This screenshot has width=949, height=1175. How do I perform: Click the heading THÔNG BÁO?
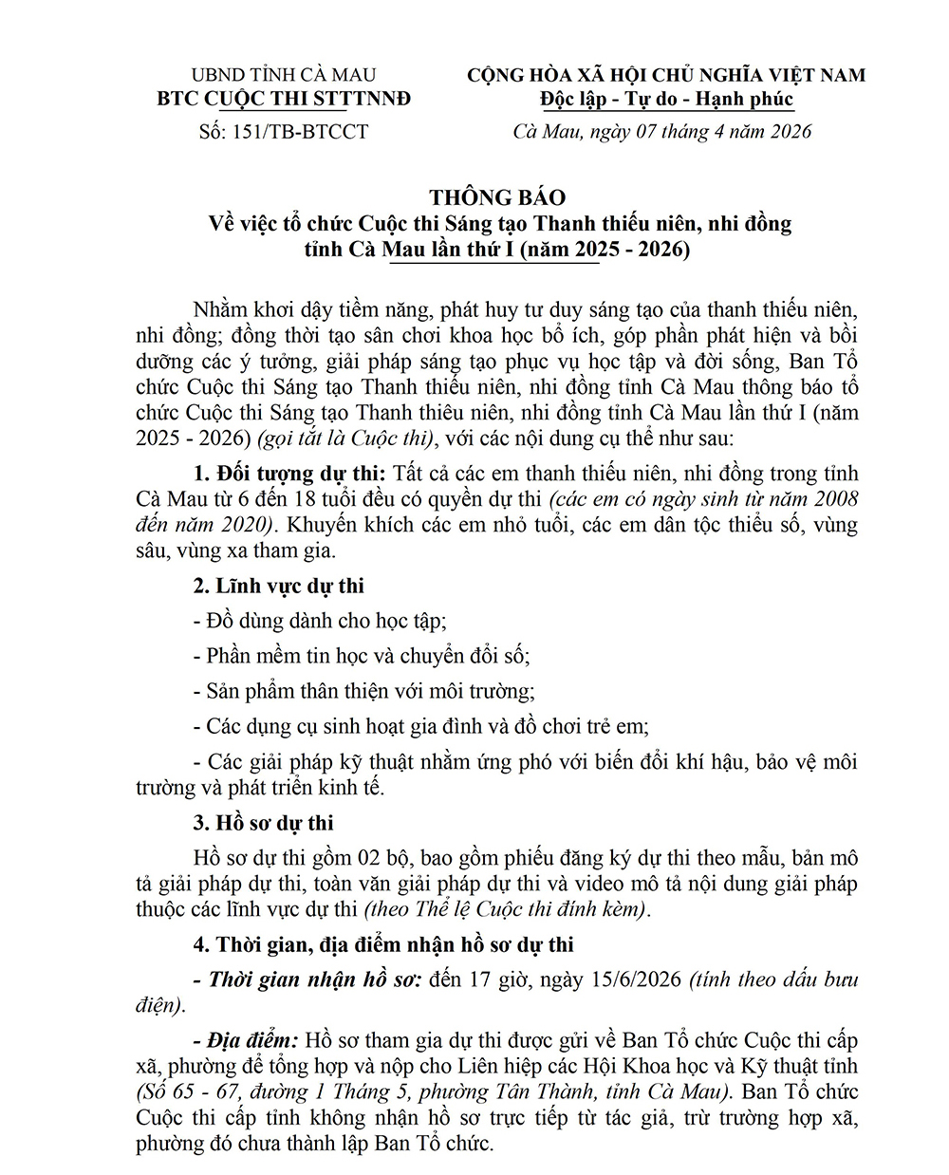click(x=496, y=197)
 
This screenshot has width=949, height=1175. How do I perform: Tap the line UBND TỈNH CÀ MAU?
click(x=283, y=75)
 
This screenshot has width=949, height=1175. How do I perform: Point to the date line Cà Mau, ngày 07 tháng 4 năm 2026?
click(x=662, y=131)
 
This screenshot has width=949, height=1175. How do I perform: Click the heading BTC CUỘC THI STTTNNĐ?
click(x=283, y=99)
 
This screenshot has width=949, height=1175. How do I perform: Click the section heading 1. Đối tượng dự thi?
click(x=289, y=473)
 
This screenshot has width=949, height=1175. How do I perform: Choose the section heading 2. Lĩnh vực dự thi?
click(x=278, y=586)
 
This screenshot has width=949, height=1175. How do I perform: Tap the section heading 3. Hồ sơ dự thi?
click(x=263, y=822)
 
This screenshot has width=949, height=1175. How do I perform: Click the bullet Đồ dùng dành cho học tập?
click(x=319, y=621)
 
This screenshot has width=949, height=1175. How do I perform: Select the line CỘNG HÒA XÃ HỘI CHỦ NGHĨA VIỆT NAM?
click(x=666, y=75)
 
